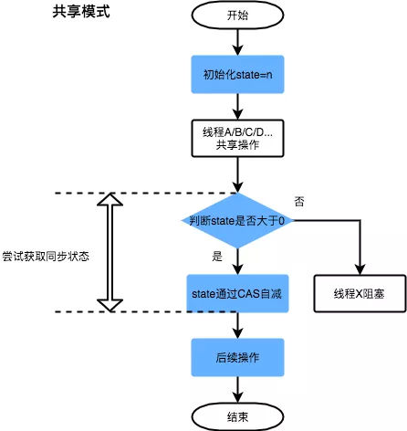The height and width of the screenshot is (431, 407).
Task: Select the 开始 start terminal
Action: pyautogui.click(x=236, y=16)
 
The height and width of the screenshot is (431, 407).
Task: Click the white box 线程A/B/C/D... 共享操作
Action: pyautogui.click(x=236, y=139)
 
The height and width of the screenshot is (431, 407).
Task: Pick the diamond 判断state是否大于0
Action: pyautogui.click(x=236, y=221)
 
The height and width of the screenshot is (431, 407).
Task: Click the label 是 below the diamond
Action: pyautogui.click(x=217, y=257)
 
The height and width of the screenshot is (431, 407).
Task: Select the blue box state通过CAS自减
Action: pyautogui.click(x=236, y=293)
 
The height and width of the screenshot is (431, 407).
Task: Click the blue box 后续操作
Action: pyautogui.click(x=236, y=354)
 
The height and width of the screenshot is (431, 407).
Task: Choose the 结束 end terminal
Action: pyautogui.click(x=236, y=416)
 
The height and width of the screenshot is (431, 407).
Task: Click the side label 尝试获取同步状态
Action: pyautogui.click(x=45, y=257)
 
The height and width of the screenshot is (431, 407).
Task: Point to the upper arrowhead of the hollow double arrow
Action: pyautogui.click(x=109, y=201)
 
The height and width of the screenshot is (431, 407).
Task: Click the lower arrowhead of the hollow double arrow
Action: pyautogui.click(x=109, y=304)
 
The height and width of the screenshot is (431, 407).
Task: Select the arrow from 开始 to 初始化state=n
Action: pyautogui.click(x=236, y=41)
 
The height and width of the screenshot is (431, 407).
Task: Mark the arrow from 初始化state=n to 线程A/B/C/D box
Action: pyautogui.click(x=236, y=106)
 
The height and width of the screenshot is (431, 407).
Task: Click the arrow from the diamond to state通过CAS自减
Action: pyautogui.click(x=236, y=261)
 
